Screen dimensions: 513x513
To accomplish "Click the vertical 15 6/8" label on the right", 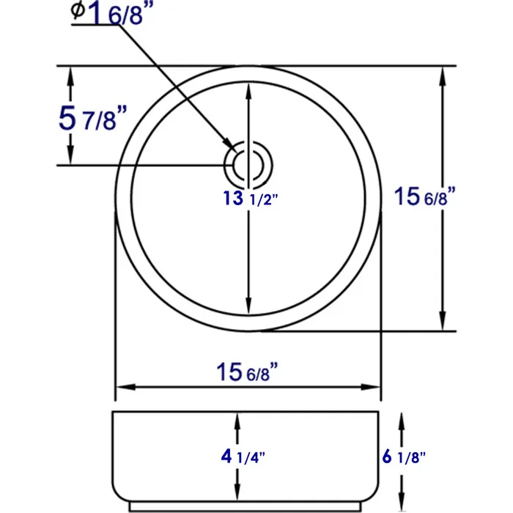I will [425, 197].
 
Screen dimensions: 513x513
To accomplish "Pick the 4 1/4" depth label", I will [243, 457].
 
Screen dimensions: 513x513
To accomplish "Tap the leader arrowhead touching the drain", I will [228, 145].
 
